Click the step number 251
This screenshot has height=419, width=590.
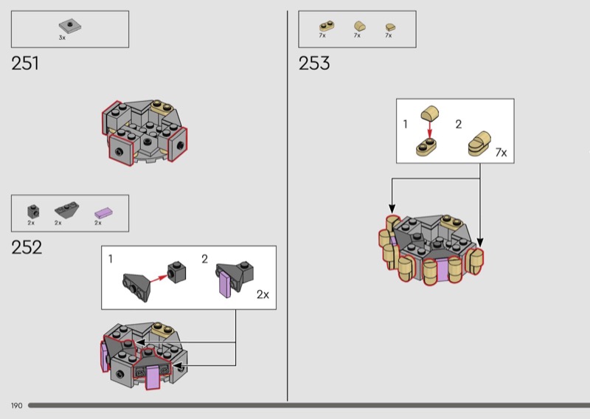[25, 63]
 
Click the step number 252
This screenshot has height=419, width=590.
[27, 247]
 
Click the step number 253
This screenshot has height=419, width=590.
[314, 63]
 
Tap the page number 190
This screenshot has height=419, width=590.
[16, 406]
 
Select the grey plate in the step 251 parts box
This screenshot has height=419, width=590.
[70, 27]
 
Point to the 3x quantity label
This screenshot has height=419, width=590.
[62, 38]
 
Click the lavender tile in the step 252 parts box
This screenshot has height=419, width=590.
[103, 213]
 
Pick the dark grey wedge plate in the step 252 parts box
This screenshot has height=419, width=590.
[66, 210]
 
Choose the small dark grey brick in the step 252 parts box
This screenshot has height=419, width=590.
[33, 211]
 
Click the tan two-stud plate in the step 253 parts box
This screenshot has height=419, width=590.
[327, 27]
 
